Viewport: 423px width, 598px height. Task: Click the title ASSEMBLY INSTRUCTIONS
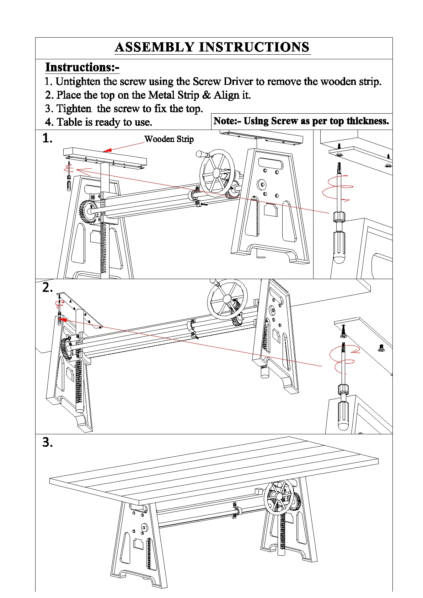click(212, 47)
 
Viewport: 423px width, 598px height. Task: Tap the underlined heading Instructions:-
click(82, 67)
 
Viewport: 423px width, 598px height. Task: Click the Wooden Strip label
click(169, 139)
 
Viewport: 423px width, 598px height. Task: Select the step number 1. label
click(47, 138)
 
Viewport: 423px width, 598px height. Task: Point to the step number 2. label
click(47, 287)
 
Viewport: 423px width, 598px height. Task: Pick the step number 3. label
click(47, 442)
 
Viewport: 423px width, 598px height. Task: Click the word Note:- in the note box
click(227, 121)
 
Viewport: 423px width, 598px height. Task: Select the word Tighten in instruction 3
click(74, 109)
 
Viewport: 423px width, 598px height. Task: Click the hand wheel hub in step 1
click(216, 173)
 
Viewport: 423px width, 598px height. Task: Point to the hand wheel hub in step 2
click(227, 299)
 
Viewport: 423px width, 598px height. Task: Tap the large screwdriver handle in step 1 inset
click(339, 247)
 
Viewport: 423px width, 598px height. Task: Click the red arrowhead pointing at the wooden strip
click(107, 151)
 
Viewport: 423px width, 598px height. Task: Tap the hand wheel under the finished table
click(278, 497)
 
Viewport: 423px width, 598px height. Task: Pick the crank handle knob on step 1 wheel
click(199, 154)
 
